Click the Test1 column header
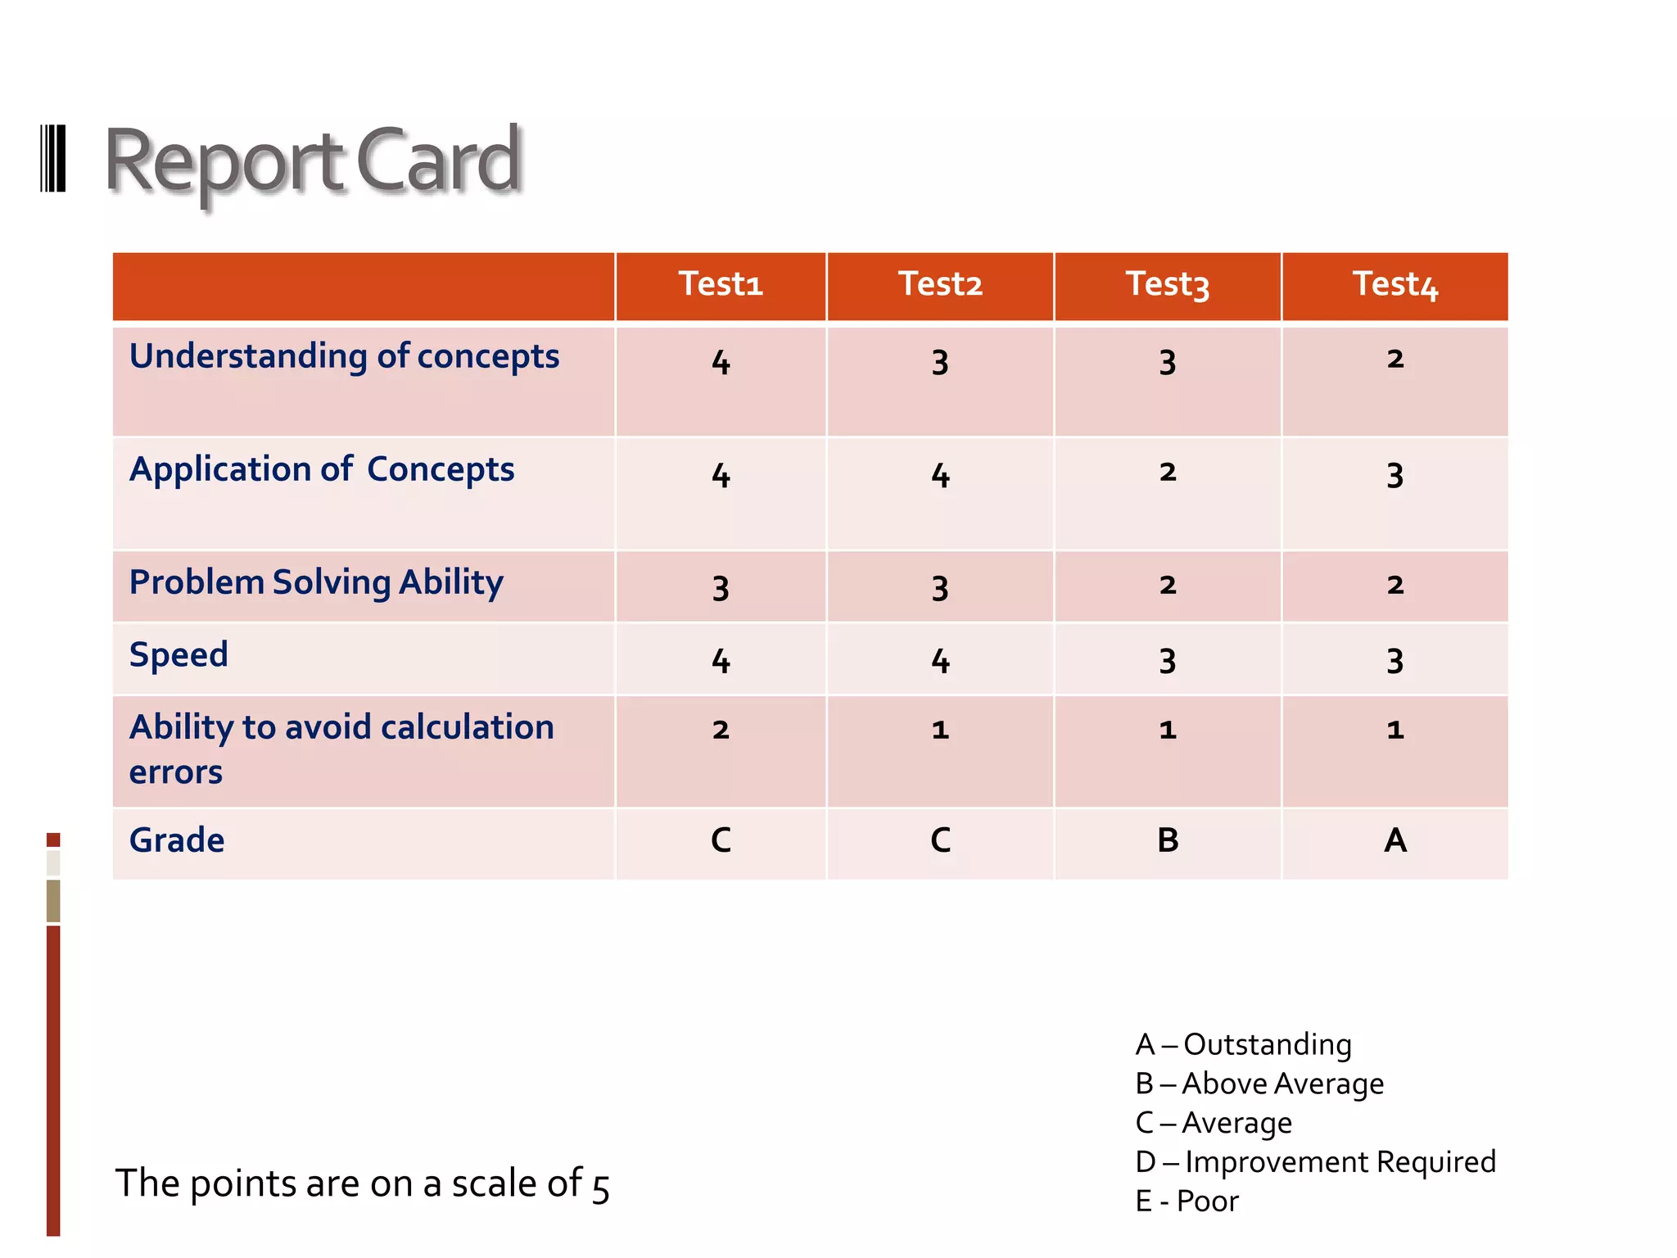pos(721,284)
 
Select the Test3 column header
pos(1168,284)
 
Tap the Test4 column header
pos(1395,284)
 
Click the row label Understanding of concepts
pos(344,356)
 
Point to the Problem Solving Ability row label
pos(316,582)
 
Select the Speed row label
pos(179,654)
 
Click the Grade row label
pos(177,840)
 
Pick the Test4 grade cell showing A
pos(1395,840)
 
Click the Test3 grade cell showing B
pos(1168,840)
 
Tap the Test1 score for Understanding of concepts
pos(721,362)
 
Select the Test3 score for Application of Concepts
pos(1168,473)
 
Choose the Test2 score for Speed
pos(940,660)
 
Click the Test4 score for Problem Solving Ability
pos(1395,586)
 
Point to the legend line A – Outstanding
pos(1243,1044)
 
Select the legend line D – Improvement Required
pos(1315,1162)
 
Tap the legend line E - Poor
pos(1187,1201)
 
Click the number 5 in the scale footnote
pos(601,1188)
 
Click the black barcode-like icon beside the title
pos(53,159)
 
